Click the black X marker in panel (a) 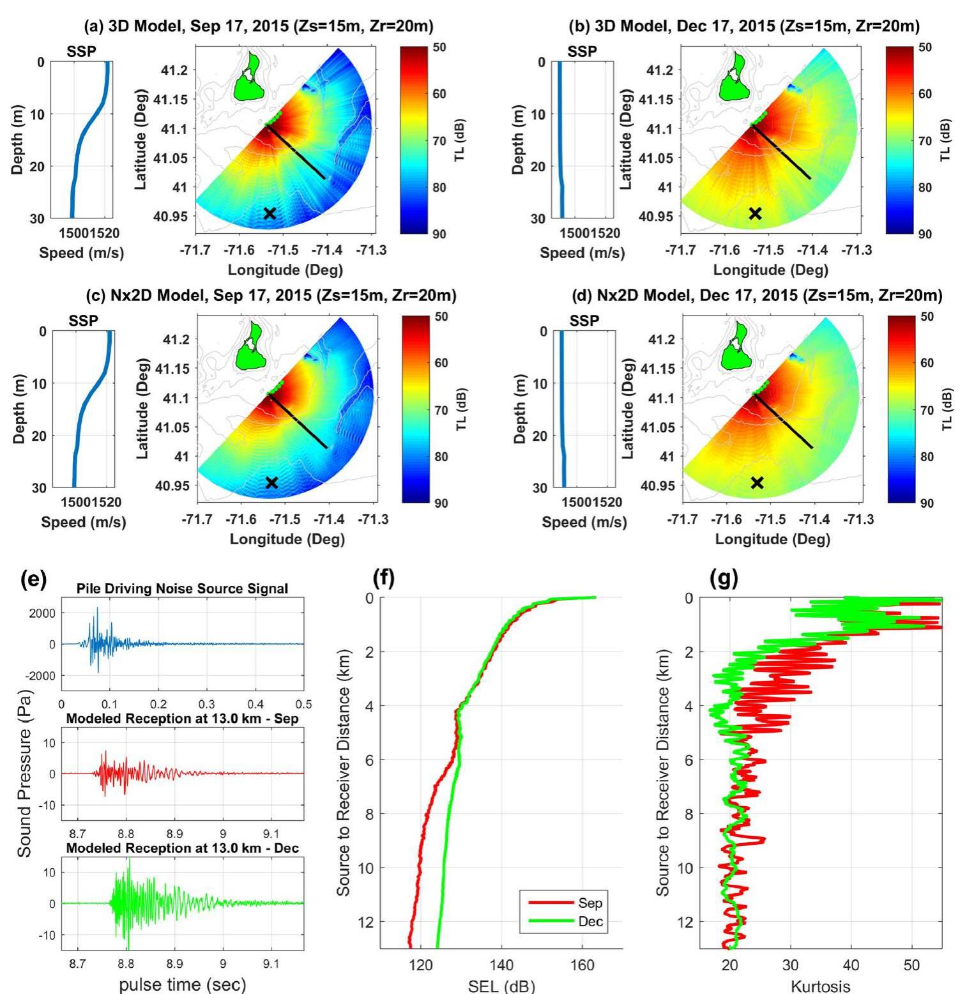coord(270,213)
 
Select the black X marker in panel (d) coord(757,483)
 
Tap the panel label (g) coord(723,579)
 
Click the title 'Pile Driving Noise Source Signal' coord(182,588)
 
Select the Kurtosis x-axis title coord(821,986)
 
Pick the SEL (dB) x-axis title coord(501,986)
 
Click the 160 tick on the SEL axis coord(582,965)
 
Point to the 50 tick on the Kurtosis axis coord(911,965)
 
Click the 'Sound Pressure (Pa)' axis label coord(24,773)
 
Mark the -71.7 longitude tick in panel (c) coord(197,519)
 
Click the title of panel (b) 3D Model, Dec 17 coord(744,26)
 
